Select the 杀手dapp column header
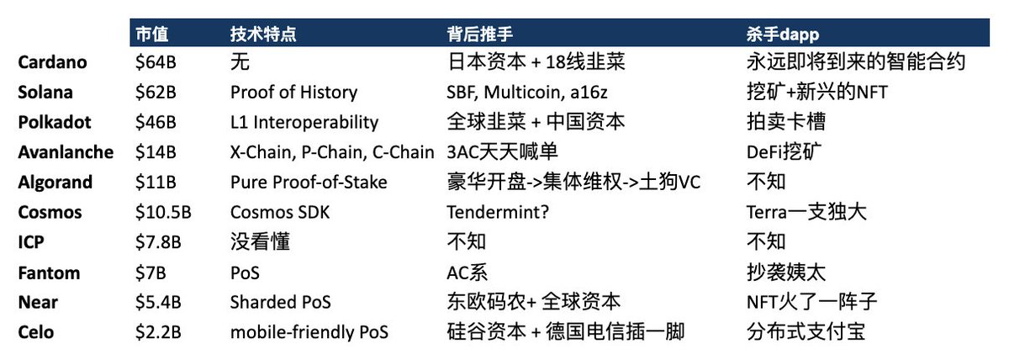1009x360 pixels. pyautogui.click(x=783, y=34)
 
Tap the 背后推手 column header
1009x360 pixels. pyautogui.click(x=479, y=34)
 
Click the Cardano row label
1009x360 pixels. pyautogui.click(x=52, y=62)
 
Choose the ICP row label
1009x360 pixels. pyautogui.click(x=30, y=242)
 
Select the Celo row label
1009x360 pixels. pyautogui.click(x=36, y=332)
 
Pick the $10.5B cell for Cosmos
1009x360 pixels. pyautogui.click(x=163, y=212)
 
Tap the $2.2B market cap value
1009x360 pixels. pyautogui.click(x=159, y=332)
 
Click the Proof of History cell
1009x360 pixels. pyautogui.click(x=293, y=93)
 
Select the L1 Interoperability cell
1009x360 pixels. pyautogui.click(x=304, y=122)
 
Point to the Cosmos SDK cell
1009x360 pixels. pyautogui.click(x=280, y=212)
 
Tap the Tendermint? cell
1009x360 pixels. pyautogui.click(x=498, y=212)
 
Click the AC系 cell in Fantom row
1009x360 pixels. pyautogui.click(x=468, y=273)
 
